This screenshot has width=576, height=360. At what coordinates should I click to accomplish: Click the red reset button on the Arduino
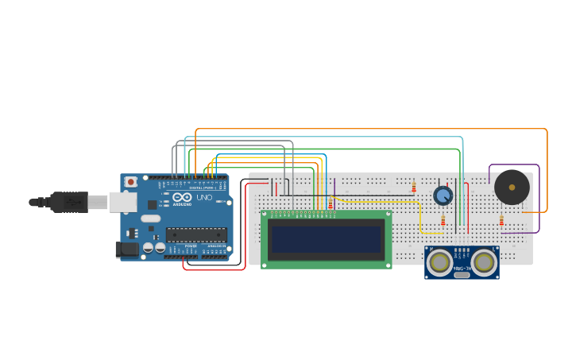130,182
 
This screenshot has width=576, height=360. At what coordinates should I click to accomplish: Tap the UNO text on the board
204,197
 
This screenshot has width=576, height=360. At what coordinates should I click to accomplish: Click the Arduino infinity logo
182,197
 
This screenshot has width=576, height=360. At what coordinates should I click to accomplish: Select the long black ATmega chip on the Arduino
196,234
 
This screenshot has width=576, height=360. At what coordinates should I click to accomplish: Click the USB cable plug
69,202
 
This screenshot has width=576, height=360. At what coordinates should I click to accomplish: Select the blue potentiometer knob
443,195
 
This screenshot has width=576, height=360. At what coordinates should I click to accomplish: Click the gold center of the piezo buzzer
512,188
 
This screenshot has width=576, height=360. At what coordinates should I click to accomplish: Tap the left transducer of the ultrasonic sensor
439,261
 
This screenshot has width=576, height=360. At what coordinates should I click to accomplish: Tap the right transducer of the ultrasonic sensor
484,261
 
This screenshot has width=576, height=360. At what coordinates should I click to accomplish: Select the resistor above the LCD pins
331,204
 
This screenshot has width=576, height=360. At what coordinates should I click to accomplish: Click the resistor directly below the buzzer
501,220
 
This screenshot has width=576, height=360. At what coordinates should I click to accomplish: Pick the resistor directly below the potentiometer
443,220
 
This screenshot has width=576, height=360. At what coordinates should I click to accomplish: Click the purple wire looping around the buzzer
539,199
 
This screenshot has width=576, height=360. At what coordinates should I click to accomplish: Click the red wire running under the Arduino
215,269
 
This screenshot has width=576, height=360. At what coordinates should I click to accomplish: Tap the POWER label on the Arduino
191,247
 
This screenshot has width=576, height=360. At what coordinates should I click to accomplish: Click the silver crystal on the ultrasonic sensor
462,275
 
